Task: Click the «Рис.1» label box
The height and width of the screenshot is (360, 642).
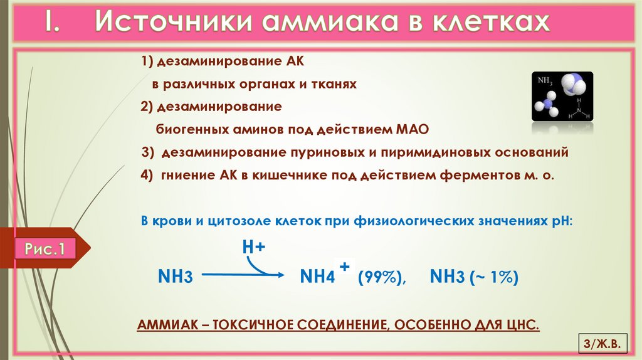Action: tap(45, 249)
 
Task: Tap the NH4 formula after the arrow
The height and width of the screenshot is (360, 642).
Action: tap(318, 277)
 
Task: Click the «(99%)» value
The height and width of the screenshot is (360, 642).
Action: tap(382, 277)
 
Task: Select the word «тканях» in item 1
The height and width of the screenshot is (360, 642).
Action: tap(333, 84)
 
